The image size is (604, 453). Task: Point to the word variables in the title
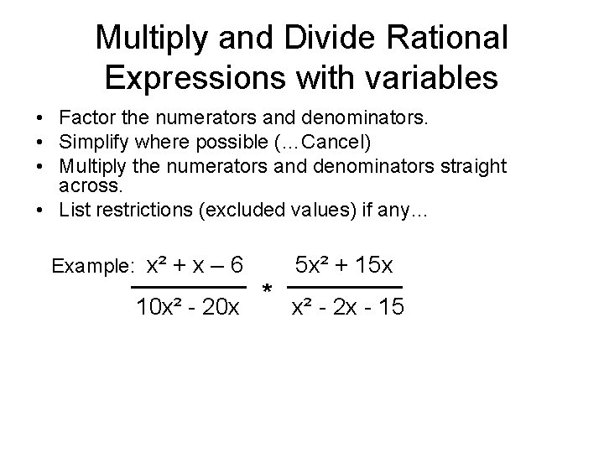point(438,78)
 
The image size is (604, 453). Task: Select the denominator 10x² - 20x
point(189,309)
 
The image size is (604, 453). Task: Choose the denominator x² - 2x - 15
point(346,309)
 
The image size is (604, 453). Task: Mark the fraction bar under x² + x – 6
point(189,286)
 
